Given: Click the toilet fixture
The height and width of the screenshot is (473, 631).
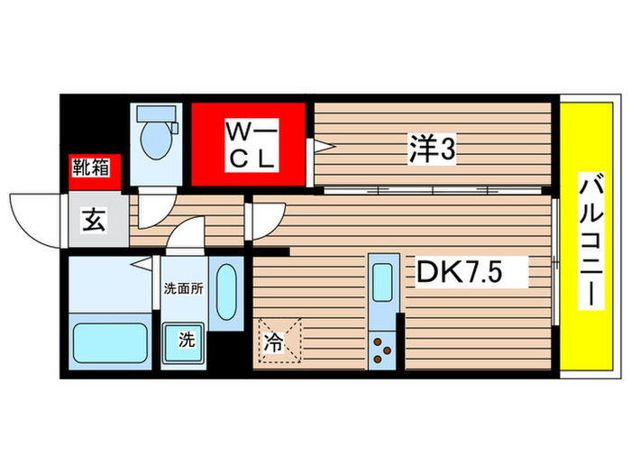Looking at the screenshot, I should point(157,135).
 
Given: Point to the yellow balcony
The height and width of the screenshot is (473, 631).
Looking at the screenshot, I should point(586,238).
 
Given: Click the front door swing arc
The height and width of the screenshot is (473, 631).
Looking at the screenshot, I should point(36,216).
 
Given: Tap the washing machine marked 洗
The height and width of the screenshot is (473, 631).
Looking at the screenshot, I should point(184,341).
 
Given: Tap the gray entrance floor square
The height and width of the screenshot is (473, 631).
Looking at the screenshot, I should point(97,219).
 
